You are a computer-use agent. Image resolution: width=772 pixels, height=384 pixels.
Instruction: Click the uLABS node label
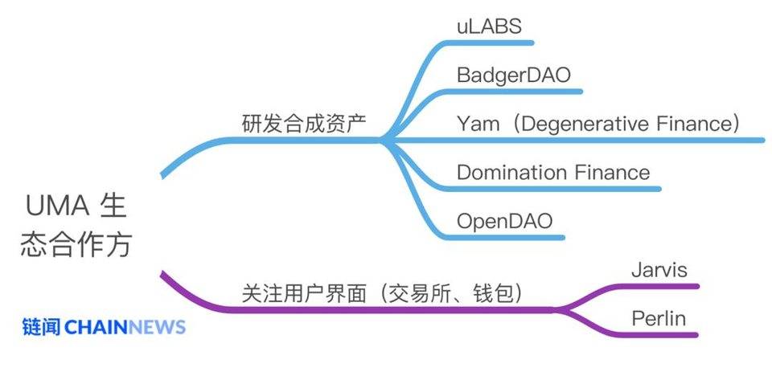coord(489,27)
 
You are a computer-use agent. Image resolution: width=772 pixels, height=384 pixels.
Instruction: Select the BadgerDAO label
coord(514,76)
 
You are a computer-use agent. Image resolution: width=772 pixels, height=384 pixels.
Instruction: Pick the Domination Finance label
coord(553,172)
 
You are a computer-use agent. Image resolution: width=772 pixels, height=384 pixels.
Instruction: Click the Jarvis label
coord(659,269)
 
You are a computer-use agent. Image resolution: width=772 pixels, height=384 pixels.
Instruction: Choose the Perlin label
coord(659,318)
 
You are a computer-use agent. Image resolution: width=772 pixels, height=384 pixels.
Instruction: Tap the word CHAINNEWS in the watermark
coord(125,327)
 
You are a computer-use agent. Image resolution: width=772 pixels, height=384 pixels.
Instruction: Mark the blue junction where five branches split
coord(384,140)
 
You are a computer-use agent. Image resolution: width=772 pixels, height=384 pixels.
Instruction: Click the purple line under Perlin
coord(659,333)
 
